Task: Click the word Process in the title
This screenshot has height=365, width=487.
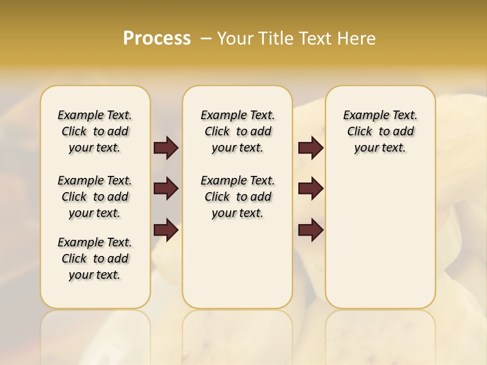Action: point(157,38)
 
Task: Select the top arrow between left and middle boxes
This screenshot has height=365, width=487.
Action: point(166,148)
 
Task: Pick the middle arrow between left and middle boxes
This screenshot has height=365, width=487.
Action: point(166,189)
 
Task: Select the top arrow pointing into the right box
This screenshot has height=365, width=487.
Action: point(310,148)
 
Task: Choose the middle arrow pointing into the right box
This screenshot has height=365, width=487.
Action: point(310,189)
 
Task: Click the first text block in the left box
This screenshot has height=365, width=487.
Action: point(95,131)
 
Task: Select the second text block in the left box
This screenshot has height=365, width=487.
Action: point(95,197)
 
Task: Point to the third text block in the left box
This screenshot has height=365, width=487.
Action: point(95,259)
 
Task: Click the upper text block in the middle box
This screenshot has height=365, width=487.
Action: point(237,131)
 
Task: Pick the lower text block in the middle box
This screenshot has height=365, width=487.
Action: point(237,197)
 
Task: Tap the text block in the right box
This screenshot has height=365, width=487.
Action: point(380,131)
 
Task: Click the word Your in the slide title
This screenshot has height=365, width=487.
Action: point(233,38)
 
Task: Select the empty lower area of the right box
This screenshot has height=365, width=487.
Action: point(380,238)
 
